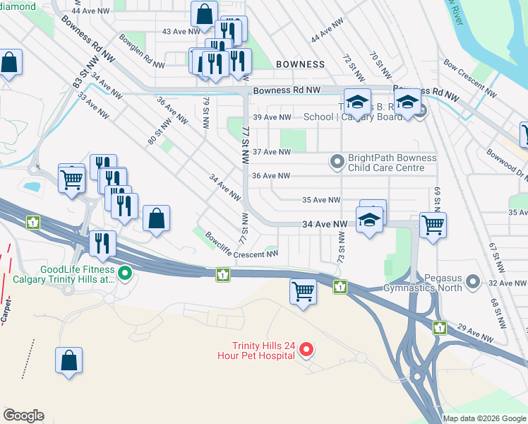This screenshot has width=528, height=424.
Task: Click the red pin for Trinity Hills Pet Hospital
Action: (x=306, y=349)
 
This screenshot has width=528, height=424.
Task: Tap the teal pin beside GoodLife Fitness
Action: (x=126, y=272)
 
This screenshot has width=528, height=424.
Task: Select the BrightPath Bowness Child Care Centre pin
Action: (x=337, y=163)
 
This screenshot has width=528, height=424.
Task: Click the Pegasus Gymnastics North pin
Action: (x=474, y=283)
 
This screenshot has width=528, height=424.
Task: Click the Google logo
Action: (x=23, y=416)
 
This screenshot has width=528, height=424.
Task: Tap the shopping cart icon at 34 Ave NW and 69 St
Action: (x=433, y=225)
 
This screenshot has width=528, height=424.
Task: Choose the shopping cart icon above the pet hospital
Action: (x=303, y=291)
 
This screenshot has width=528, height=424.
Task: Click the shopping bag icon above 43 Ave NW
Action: (x=204, y=13)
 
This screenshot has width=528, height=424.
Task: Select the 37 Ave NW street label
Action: (x=272, y=152)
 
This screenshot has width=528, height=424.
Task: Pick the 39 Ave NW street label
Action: (x=272, y=117)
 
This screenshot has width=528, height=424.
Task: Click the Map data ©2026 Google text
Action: (x=484, y=418)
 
